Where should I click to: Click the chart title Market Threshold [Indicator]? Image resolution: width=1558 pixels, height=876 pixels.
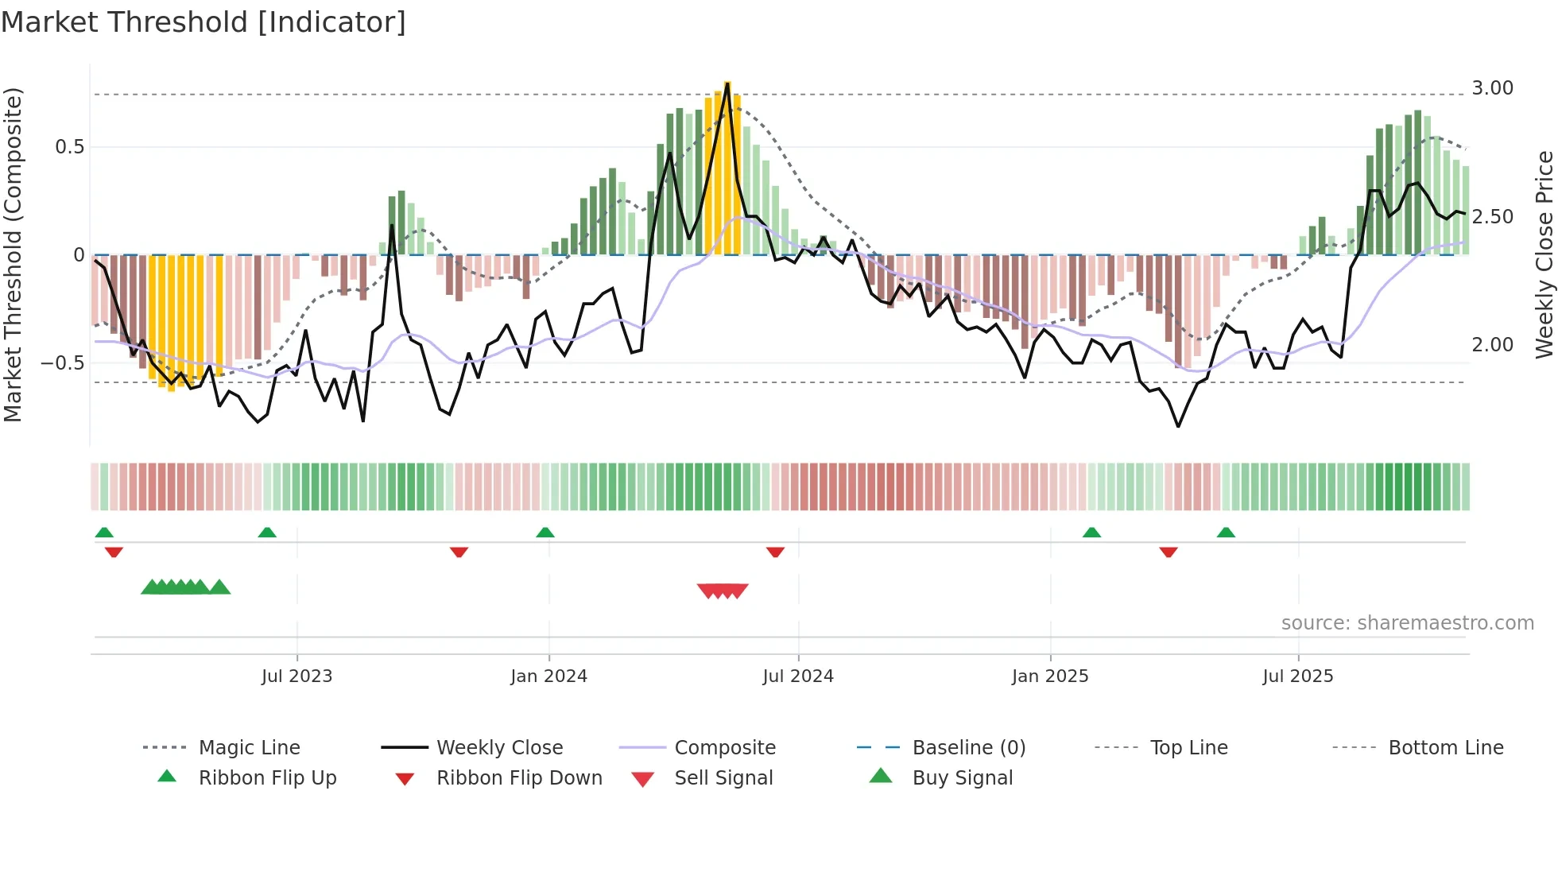click(203, 22)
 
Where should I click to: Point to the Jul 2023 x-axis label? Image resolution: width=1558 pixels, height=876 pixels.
click(296, 676)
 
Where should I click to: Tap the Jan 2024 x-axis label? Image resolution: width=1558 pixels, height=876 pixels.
click(548, 676)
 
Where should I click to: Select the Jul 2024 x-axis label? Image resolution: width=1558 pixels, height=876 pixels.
click(798, 676)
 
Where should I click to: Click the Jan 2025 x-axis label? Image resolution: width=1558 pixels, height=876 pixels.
click(1050, 676)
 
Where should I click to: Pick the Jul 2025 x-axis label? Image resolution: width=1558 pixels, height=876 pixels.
click(1298, 676)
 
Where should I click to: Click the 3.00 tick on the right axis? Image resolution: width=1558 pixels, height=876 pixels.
click(1492, 88)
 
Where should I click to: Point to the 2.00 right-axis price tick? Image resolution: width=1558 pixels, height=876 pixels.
click(1492, 345)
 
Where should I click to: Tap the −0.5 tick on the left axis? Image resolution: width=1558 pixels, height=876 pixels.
click(63, 363)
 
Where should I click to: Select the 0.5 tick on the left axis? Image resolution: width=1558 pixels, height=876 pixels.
click(69, 147)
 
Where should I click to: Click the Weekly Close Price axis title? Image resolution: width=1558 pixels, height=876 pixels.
click(1544, 254)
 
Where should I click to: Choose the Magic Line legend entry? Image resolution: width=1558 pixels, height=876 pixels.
click(249, 748)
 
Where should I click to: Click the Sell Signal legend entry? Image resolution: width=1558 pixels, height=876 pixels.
click(723, 778)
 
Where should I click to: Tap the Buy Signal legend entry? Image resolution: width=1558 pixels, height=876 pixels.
click(962, 778)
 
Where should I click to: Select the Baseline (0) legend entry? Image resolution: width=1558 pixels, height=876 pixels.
click(968, 748)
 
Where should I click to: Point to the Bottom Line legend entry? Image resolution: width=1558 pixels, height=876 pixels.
click(1445, 748)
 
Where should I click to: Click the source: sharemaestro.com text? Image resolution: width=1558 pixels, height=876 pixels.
click(1407, 623)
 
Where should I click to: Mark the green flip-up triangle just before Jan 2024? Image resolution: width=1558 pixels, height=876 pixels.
click(545, 533)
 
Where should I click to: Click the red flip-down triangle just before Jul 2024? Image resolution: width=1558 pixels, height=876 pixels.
click(775, 552)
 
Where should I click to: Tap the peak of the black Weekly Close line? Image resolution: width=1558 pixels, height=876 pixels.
click(727, 83)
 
